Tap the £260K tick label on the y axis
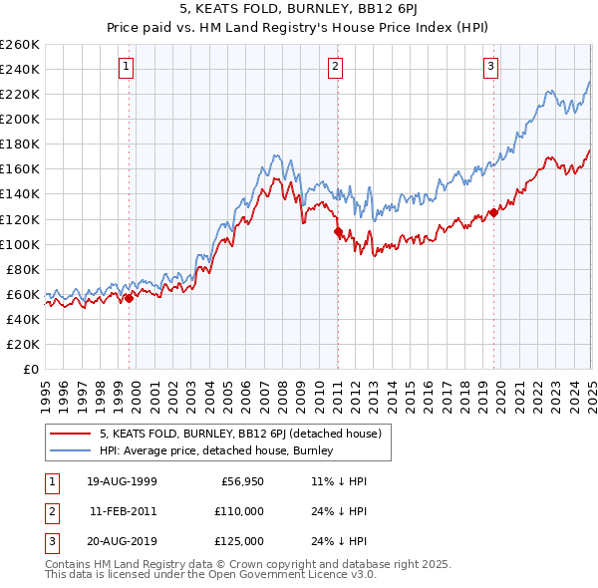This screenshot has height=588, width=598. click(20, 44)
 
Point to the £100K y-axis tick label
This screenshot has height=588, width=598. click(20, 244)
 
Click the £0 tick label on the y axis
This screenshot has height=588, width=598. click(31, 369)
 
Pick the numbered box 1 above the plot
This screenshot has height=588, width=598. click(128, 68)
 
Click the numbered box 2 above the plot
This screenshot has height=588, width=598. click(336, 68)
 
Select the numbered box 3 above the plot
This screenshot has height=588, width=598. click(491, 68)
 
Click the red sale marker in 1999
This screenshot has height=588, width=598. click(129, 297)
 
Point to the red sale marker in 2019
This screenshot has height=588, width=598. click(493, 212)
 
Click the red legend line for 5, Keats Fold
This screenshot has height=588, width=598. click(70, 434)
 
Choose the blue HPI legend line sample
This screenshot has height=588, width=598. click(70, 450)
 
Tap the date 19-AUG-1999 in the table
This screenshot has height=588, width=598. click(123, 481)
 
